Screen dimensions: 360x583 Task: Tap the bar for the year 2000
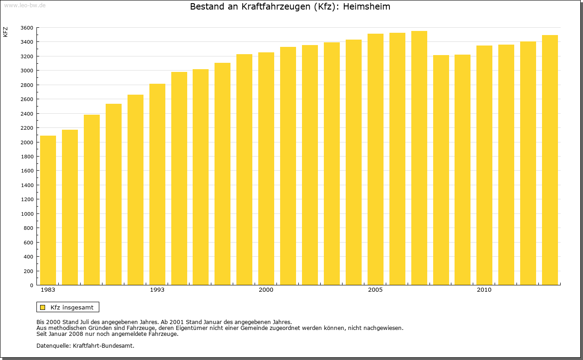266,168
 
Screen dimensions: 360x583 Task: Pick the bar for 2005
375,159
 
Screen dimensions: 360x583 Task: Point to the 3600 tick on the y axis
27,28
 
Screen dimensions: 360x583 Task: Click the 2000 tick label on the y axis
27,142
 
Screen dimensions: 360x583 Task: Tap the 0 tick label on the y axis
31,285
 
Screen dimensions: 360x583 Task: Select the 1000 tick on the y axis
27,214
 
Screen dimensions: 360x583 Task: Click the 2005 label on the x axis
375,290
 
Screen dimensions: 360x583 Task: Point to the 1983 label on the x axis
48,290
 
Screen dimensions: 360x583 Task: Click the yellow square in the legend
43,307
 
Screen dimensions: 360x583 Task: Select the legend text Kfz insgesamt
72,307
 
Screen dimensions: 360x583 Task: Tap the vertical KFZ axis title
5,32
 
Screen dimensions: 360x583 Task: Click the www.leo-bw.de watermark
24,5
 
